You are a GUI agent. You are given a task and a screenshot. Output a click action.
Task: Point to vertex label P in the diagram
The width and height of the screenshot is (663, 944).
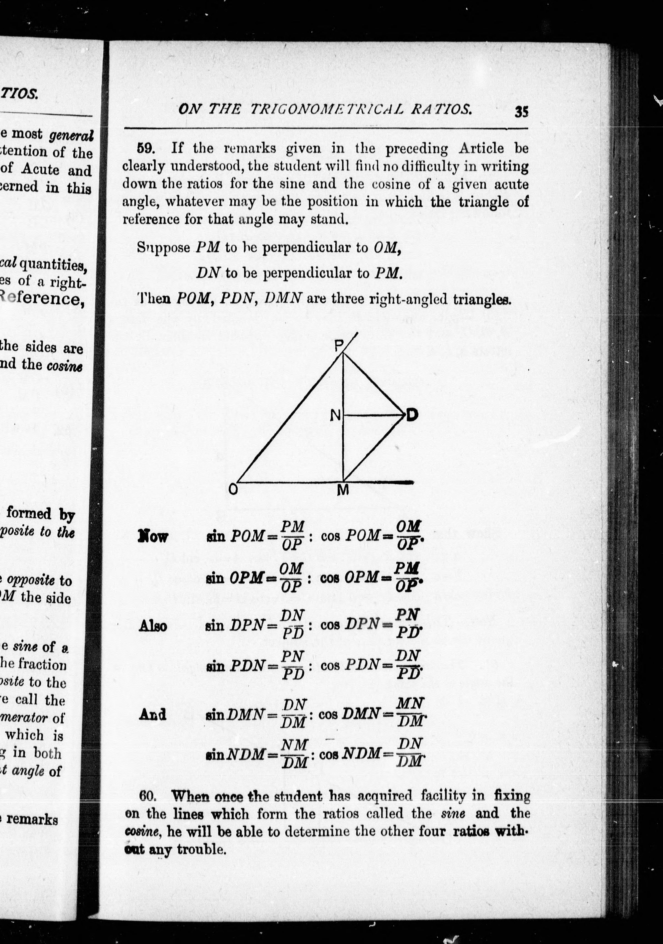point(338,347)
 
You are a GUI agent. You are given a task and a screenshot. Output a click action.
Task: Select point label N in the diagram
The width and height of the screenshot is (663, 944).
point(335,416)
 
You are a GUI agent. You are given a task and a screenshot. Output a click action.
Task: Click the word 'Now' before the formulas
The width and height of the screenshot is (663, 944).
point(153,537)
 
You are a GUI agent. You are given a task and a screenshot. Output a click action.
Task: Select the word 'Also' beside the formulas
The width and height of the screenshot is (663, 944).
point(153,626)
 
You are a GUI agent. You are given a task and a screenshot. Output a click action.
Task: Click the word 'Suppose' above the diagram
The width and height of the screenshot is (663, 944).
point(163,248)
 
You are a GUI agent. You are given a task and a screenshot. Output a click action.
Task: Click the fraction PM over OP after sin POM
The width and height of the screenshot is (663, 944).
point(292,535)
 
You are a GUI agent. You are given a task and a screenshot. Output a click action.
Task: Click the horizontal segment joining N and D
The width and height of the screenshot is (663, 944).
point(372,415)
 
